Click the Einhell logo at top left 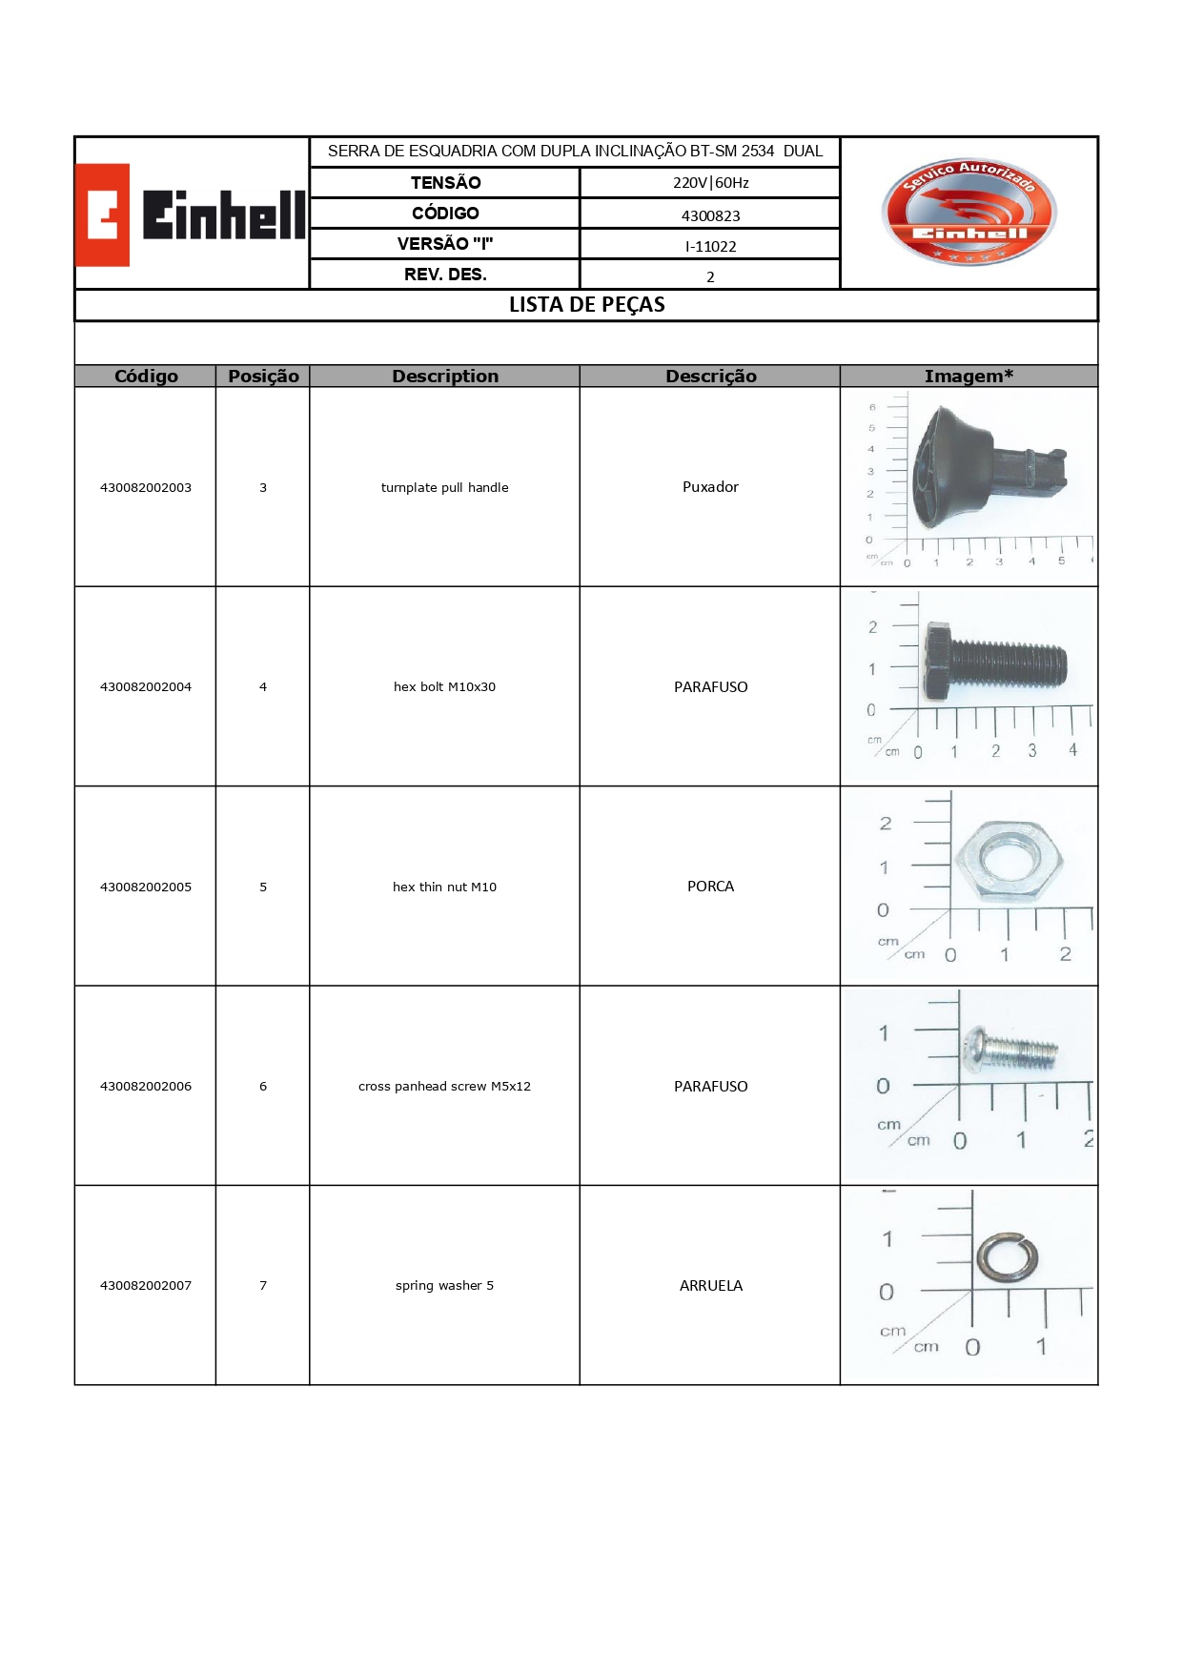(191, 214)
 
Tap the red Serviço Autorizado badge (969, 212)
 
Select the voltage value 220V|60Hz (710, 183)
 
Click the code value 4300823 (710, 215)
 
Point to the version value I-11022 (710, 246)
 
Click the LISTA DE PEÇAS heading (586, 305)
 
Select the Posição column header (263, 377)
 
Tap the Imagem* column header (969, 377)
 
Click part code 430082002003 (146, 487)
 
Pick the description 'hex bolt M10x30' (444, 686)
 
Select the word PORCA (710, 887)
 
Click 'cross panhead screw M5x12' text (444, 1086)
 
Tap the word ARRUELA (710, 1286)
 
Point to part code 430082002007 (146, 1286)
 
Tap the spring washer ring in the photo (1007, 1257)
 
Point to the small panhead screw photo (1010, 1050)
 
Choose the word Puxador (710, 487)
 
